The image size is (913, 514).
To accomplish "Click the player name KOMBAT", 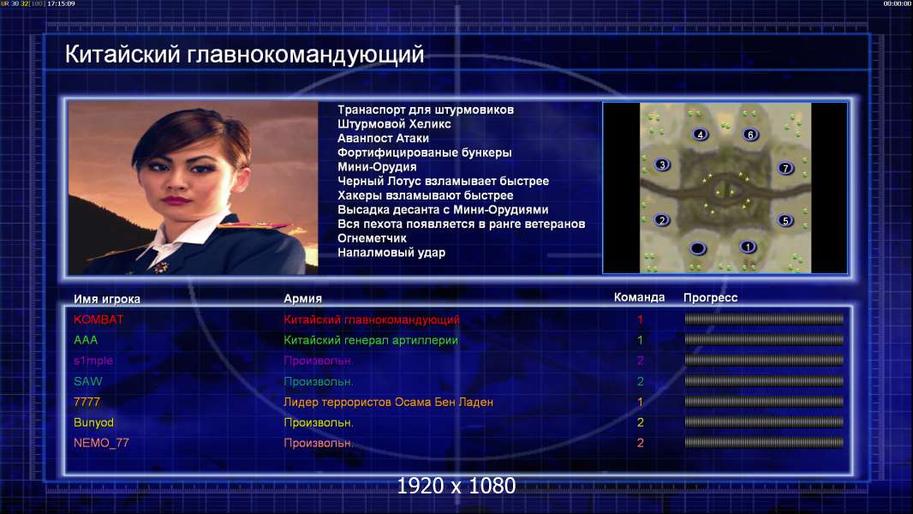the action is coord(98,320).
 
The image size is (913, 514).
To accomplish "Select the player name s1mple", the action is coord(93,361).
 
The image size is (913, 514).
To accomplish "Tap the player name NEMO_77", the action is coord(101,443).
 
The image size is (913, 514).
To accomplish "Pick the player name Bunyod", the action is coord(93,422).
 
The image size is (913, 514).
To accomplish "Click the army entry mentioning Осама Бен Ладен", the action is coord(388,403).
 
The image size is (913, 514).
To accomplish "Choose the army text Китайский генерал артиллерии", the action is coord(371,341).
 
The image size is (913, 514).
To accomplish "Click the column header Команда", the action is coord(639,297).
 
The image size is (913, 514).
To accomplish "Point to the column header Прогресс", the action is coord(710,298).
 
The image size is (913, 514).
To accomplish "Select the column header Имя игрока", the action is coord(107,299).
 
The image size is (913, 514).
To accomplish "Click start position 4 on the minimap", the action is coord(700,134).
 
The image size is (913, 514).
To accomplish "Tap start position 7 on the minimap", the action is coord(785,169).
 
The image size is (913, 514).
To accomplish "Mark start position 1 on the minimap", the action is coord(749,247).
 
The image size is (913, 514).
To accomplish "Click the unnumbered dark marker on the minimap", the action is coord(697,248).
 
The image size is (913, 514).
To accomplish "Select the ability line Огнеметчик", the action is coord(372,238).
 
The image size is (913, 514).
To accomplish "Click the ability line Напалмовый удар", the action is coord(391,253).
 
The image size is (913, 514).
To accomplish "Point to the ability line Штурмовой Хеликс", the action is coord(394,124).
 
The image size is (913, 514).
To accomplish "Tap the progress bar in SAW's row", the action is coord(764,381).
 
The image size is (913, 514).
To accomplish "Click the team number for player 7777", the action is coord(640,403).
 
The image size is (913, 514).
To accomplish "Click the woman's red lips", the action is coord(174,200).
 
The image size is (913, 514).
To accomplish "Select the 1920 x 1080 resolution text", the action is coord(456,486).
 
